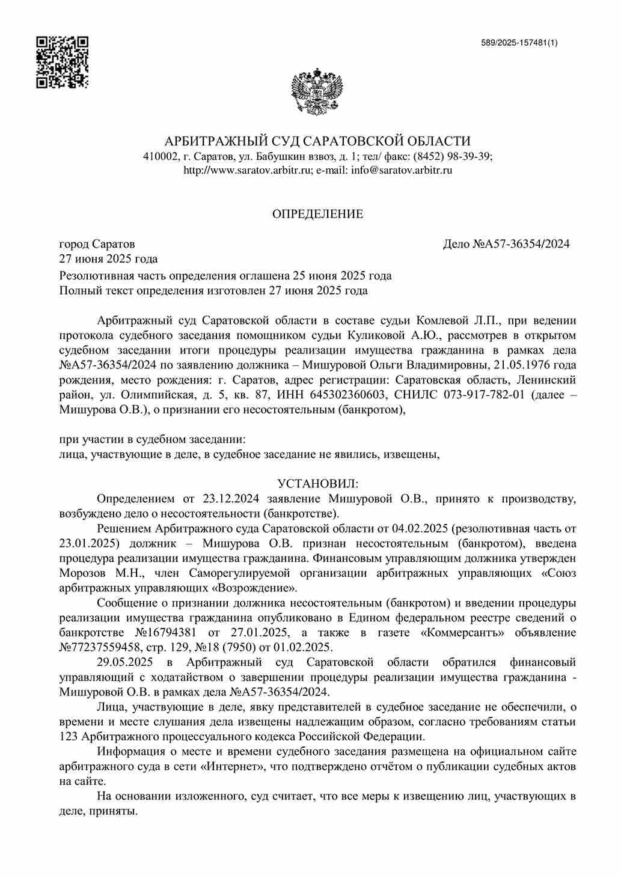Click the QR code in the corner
(62, 62)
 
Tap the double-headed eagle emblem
(317, 92)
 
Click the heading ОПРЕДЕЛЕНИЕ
(317, 214)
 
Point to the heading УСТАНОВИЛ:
(317, 484)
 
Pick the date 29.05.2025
(125, 662)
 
